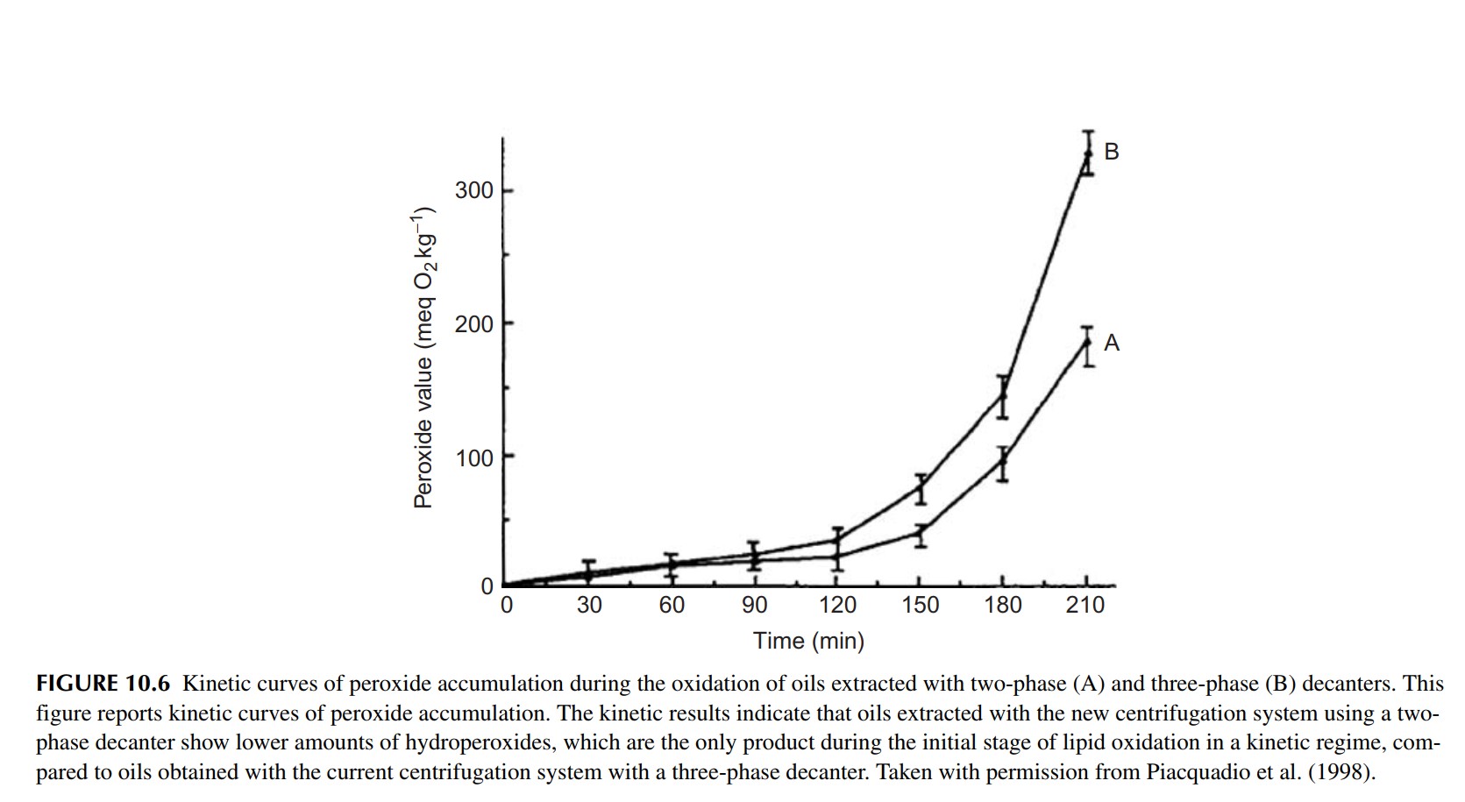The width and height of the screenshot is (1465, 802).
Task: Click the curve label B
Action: coord(1112,152)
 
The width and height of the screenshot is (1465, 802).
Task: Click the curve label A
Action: coord(1112,343)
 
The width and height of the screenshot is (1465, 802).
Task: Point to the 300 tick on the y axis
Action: coord(474,190)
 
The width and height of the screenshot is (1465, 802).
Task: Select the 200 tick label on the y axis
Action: coord(474,324)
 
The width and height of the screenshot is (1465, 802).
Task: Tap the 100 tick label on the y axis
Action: coord(474,458)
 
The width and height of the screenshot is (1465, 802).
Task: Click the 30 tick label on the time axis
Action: coord(589,605)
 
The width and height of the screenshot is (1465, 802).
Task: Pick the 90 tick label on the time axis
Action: coord(754,605)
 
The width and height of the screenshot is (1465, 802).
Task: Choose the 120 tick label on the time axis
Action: coord(837,605)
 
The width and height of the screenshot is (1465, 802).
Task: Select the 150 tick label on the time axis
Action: coord(920,605)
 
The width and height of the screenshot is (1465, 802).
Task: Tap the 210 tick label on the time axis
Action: coord(1085,605)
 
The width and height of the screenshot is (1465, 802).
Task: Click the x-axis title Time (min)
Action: coord(808,642)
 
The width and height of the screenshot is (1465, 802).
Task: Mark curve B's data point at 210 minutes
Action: coord(1088,153)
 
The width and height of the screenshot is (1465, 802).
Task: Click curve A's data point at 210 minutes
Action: coord(1088,340)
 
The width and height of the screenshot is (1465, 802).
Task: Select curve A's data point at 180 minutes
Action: coord(1003,458)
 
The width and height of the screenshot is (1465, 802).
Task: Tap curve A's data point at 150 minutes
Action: coord(921,532)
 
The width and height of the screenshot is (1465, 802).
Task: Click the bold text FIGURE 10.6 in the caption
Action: coord(103,684)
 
